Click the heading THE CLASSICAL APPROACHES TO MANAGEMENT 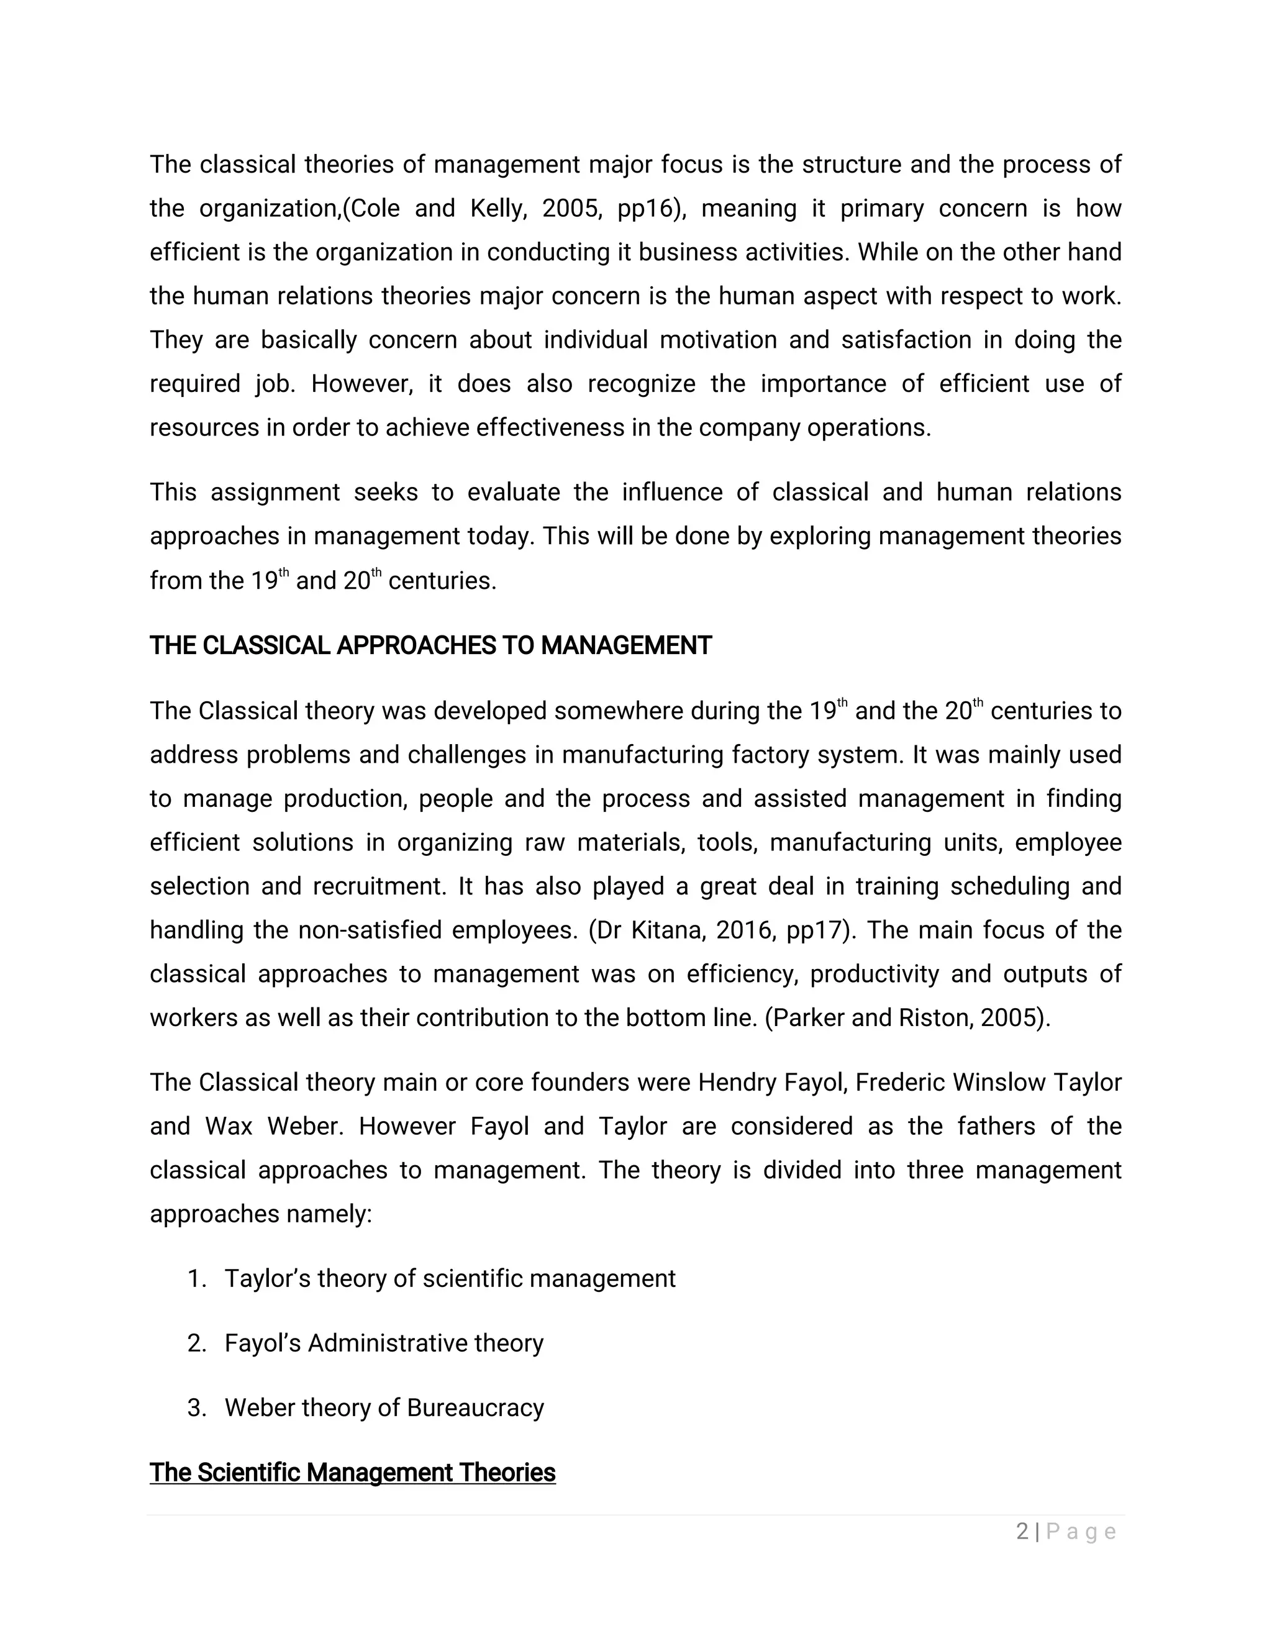pos(430,646)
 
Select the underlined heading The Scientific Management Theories pos(352,1472)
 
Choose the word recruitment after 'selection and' pos(379,886)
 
